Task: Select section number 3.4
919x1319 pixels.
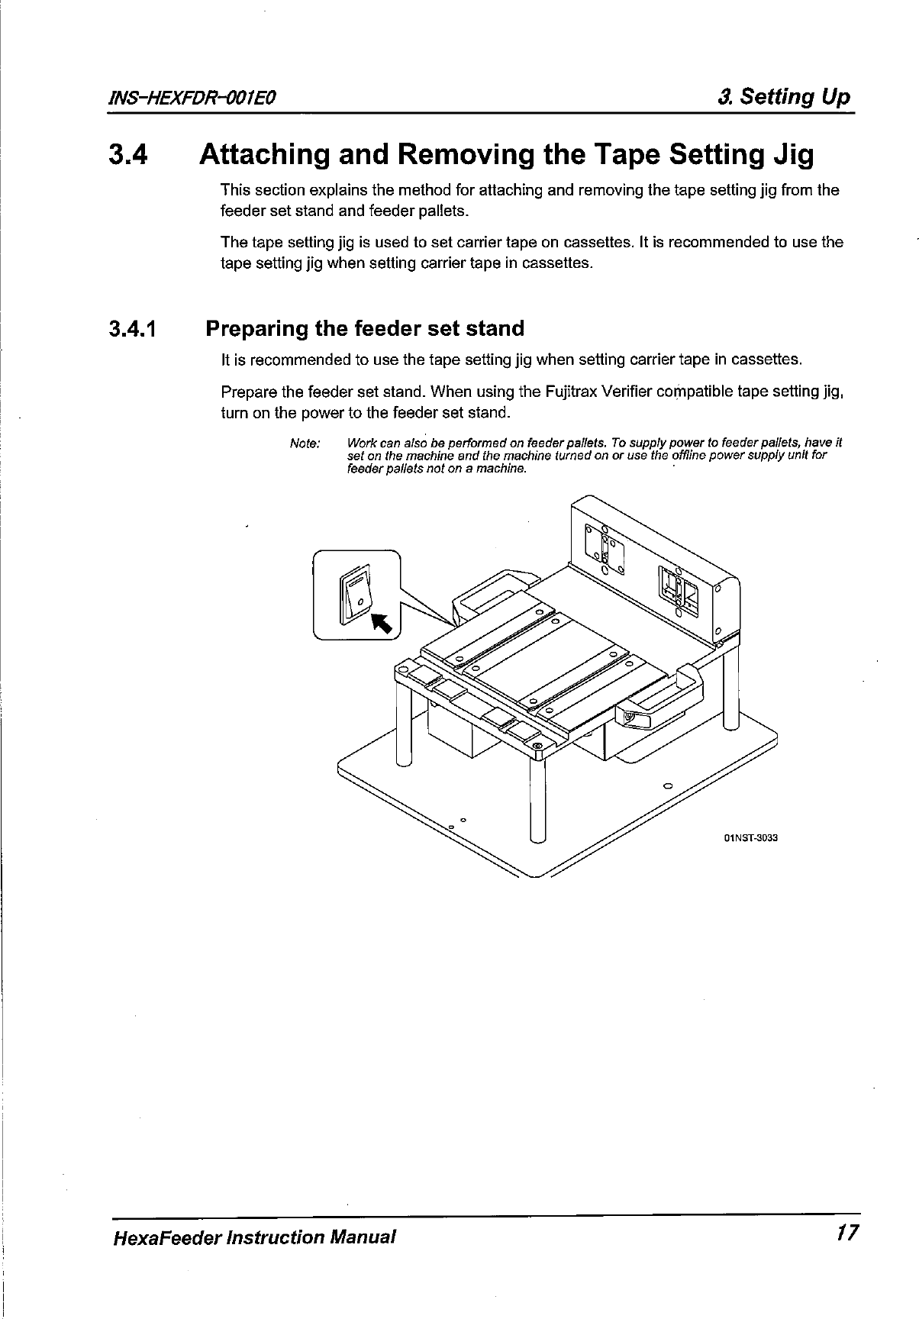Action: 131,155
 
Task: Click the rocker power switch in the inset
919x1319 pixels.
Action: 356,595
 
